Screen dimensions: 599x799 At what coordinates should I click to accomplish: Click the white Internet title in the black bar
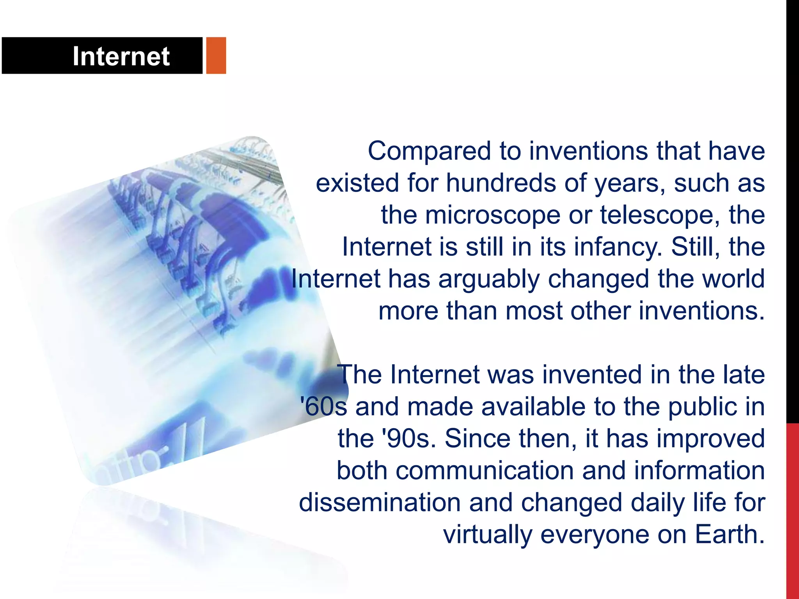pos(121,56)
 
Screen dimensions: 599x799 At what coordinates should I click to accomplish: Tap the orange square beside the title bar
pos(216,55)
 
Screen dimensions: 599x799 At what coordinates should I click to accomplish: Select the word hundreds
pos(501,183)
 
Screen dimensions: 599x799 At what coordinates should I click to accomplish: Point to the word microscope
pos(493,215)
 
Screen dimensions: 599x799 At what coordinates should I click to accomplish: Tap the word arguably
pos(489,279)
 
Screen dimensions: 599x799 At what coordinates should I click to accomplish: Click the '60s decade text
pos(323,407)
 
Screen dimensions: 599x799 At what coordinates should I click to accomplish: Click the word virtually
pos(488,535)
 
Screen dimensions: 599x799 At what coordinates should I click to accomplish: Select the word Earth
pos(730,535)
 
